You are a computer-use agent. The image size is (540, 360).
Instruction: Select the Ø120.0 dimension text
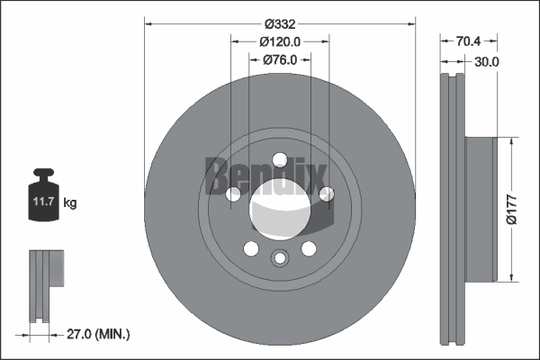[x=280, y=41]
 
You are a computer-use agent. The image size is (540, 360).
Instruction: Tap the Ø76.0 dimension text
[x=281, y=59]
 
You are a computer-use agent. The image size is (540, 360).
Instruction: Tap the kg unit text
[x=70, y=203]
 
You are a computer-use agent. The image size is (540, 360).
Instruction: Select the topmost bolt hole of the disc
[x=280, y=159]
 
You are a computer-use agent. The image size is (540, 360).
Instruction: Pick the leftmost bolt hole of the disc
[x=233, y=193]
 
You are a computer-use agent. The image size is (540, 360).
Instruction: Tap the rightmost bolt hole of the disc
[x=327, y=193]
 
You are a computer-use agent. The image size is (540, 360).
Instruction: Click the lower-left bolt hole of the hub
[x=251, y=248]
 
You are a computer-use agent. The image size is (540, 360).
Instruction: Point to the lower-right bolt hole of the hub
[x=309, y=248]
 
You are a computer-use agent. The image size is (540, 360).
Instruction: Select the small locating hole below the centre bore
[x=280, y=259]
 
